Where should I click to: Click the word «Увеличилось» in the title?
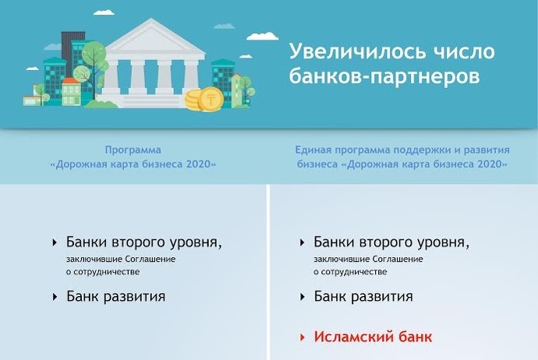[358, 51]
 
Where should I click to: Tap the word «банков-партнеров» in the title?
[384, 76]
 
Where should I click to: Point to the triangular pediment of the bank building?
[151, 37]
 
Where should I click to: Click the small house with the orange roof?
[72, 91]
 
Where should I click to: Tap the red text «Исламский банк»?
[373, 337]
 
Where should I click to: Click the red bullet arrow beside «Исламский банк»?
[303, 337]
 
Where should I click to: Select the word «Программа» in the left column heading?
[133, 150]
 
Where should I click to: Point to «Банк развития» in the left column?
[115, 296]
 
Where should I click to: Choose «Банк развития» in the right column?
[363, 296]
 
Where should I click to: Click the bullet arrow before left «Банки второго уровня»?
[55, 243]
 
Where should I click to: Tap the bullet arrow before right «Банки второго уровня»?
[303, 243]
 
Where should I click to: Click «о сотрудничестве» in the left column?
[103, 272]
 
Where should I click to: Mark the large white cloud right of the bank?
[263, 36]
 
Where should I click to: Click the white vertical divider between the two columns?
[268, 272]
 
